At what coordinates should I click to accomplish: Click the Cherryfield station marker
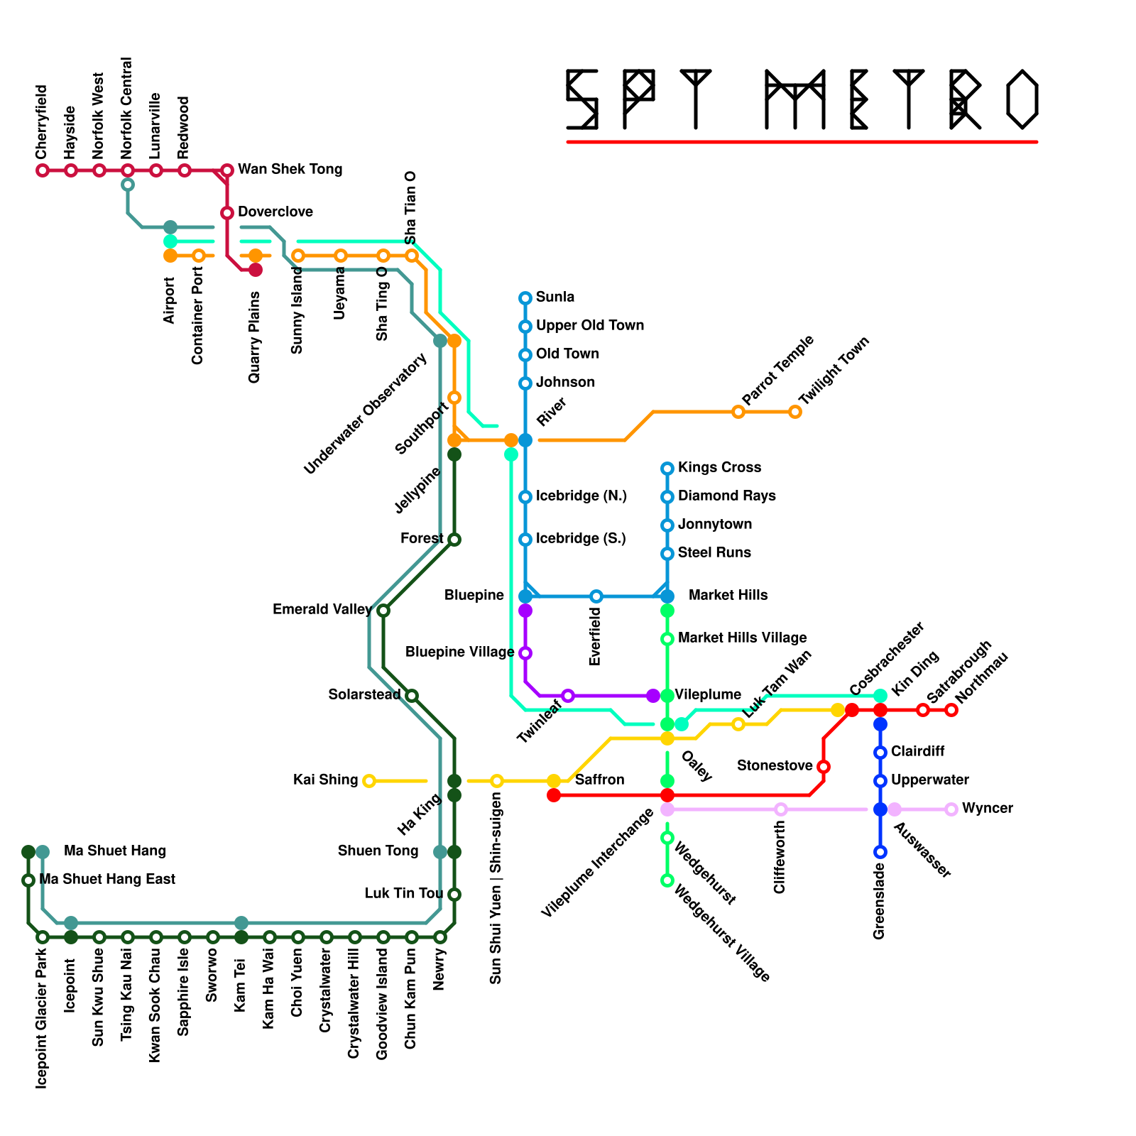[x=43, y=170]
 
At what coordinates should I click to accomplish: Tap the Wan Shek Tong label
[x=290, y=170]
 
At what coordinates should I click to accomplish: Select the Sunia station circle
[x=525, y=298]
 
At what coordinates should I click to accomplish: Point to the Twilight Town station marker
[x=795, y=412]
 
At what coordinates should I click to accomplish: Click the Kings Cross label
[x=719, y=468]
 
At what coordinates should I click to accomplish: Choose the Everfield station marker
[x=596, y=596]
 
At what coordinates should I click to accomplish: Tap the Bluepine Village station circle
[x=525, y=653]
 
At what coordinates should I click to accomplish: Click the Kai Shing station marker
[x=368, y=781]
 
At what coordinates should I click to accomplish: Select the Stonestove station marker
[x=824, y=767]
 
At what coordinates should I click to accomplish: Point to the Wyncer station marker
[x=951, y=809]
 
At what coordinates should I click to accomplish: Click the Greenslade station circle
[x=880, y=852]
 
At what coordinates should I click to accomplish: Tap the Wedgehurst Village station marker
[x=667, y=880]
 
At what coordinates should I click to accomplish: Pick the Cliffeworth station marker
[x=781, y=809]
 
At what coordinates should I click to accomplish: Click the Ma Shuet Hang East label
[x=107, y=880]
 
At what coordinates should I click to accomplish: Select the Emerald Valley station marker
[x=383, y=611]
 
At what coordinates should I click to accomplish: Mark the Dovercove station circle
[x=227, y=213]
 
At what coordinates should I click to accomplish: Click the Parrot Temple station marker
[x=738, y=412]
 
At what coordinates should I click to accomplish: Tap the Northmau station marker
[x=951, y=710]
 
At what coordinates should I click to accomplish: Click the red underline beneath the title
[x=802, y=142]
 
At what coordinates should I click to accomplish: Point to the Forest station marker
[x=454, y=540]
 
